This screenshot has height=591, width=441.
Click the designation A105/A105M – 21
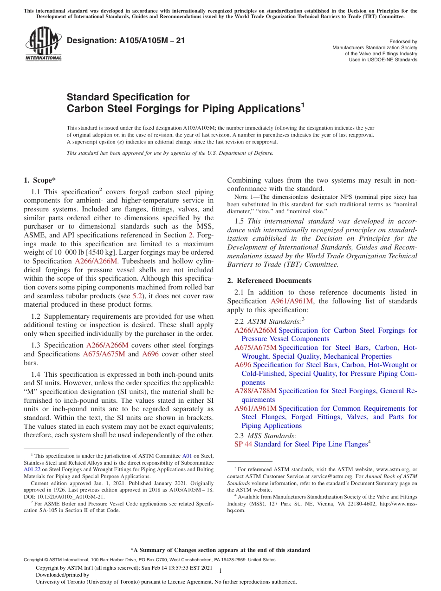click(x=126, y=40)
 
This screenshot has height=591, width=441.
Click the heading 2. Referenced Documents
click(x=269, y=281)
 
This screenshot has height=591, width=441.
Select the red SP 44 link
click(x=243, y=445)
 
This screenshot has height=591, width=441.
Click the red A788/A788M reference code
click(x=255, y=391)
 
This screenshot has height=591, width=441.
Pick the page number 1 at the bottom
click(x=220, y=571)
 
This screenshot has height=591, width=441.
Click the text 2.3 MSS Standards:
click(x=266, y=436)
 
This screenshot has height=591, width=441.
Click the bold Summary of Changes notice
click(x=220, y=550)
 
